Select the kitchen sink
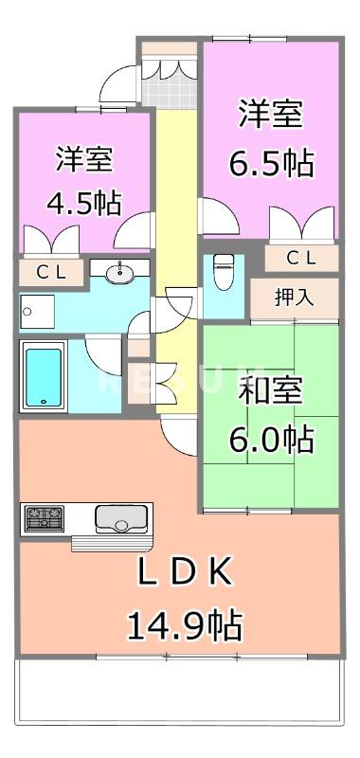117,520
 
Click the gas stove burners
45,518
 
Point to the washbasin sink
119,274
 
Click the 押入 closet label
294,298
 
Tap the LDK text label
185,573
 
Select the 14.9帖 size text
185,624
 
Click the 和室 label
271,390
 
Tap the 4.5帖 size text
85,204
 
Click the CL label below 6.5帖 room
301,257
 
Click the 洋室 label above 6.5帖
271,114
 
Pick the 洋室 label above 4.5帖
85,158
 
